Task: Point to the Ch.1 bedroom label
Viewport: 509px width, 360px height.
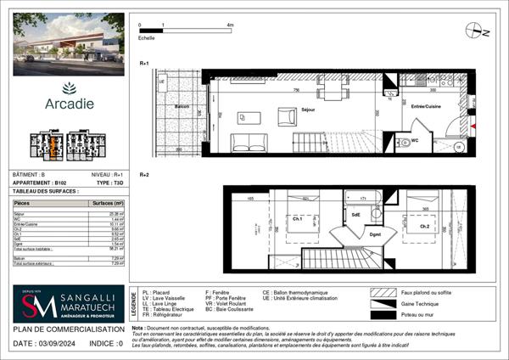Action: tap(299, 219)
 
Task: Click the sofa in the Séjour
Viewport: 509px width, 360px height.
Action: tap(246, 142)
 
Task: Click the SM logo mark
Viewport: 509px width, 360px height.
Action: tap(34, 306)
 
